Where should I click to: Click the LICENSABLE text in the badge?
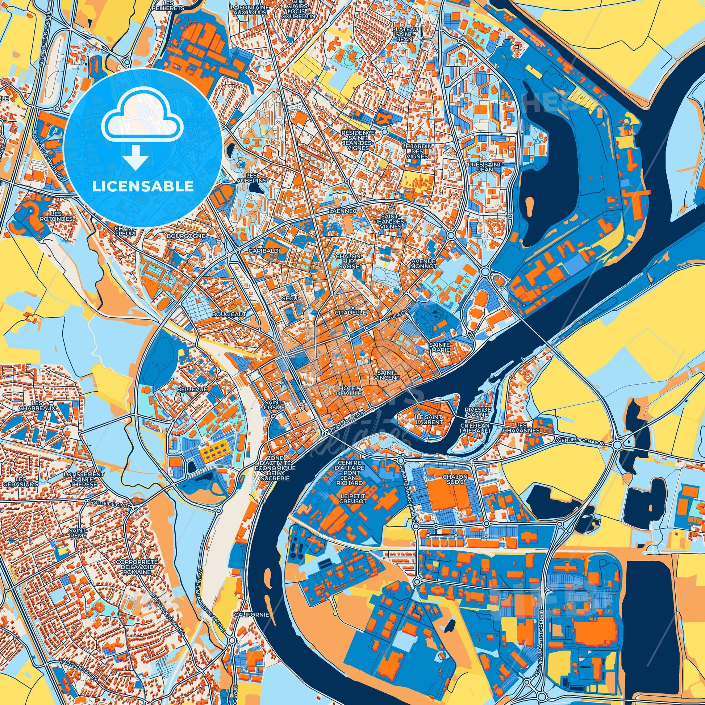pos(143,187)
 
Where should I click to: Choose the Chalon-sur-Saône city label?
pos(349,261)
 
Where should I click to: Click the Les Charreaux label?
pos(42,405)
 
